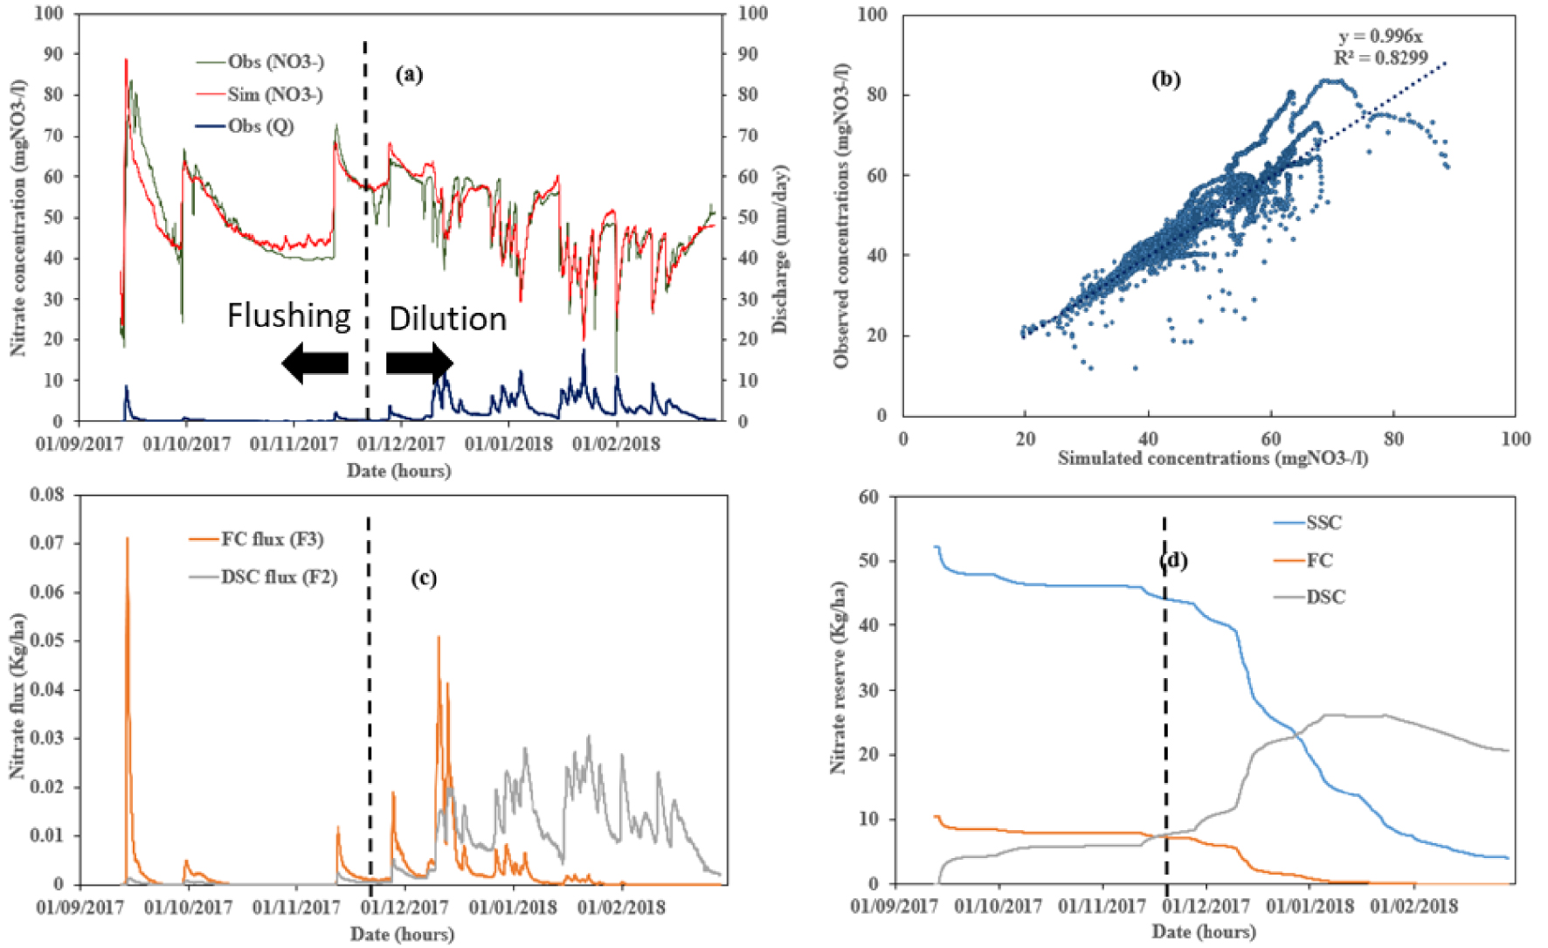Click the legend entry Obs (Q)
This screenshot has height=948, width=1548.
click(245, 127)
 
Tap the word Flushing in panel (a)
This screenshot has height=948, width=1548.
click(289, 315)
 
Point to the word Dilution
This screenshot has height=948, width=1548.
click(447, 318)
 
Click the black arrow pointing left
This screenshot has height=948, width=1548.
click(315, 363)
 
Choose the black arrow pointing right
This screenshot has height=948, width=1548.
click(419, 363)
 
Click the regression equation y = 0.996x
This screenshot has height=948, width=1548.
click(1380, 37)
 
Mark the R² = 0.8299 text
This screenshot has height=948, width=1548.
click(1380, 59)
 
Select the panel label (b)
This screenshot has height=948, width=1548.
click(1165, 80)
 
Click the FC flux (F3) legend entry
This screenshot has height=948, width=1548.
click(256, 539)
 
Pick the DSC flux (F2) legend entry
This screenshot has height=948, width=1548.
click(263, 577)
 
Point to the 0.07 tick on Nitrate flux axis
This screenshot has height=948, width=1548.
click(47, 543)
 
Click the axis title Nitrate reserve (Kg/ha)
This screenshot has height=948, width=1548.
click(839, 676)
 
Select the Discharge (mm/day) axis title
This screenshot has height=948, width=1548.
click(779, 249)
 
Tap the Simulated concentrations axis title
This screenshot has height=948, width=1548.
click(1213, 458)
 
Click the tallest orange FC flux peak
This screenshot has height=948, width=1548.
click(127, 538)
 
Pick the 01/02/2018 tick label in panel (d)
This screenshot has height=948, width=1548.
click(1413, 906)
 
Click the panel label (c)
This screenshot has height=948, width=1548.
click(424, 578)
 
